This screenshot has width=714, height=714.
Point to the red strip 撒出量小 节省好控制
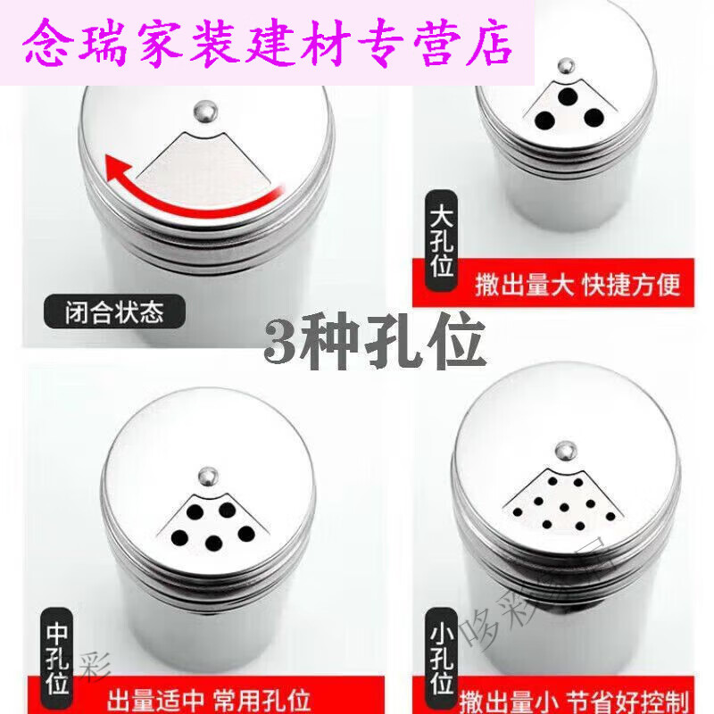coord(571,696)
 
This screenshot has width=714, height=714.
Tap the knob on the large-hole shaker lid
coord(564,66)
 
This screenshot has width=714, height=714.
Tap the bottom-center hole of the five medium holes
coord(214,542)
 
